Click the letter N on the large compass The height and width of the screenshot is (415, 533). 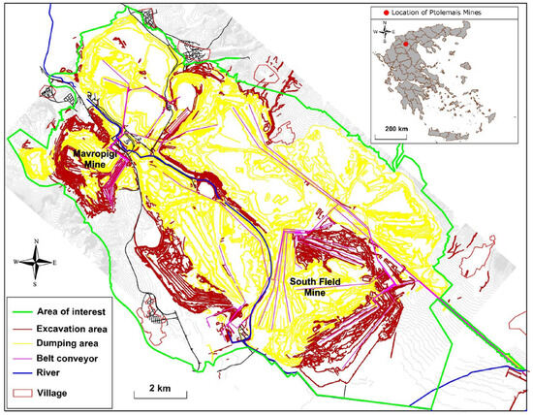point(36,240)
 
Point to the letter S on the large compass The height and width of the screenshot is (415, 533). point(36,284)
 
